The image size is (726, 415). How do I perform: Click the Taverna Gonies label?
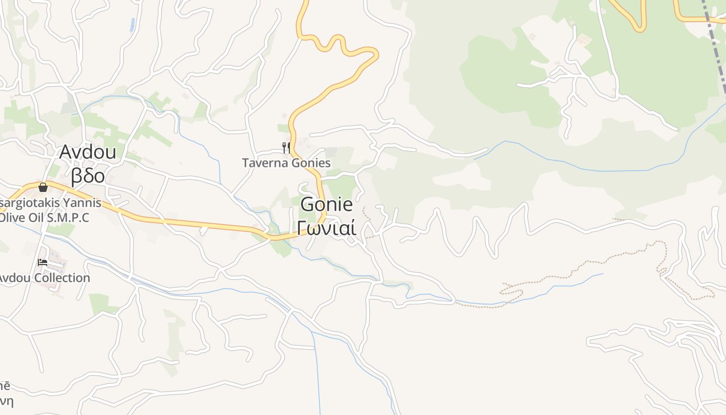pyautogui.click(x=286, y=163)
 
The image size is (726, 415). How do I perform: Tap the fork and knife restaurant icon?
pyautogui.click(x=286, y=148)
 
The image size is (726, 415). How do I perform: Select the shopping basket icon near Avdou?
pyautogui.click(x=43, y=187)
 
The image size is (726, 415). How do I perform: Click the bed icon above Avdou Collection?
pyautogui.click(x=43, y=262)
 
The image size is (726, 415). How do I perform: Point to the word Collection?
pyautogui.click(x=62, y=278)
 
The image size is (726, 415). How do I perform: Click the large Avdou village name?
pyautogui.click(x=88, y=152)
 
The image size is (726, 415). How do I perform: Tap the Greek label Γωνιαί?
pyautogui.click(x=327, y=227)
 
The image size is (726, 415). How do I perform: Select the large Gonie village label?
pyautogui.click(x=327, y=204)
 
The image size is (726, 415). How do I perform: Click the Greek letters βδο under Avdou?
pyautogui.click(x=88, y=176)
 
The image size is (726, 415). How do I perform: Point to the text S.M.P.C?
pyautogui.click(x=68, y=217)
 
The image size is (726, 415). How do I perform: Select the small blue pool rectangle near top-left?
pyautogui.click(x=133, y=24)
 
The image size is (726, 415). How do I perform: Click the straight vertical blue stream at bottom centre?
pyautogui.click(x=317, y=374)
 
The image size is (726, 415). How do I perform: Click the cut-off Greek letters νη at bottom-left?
pyautogui.click(x=6, y=401)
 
